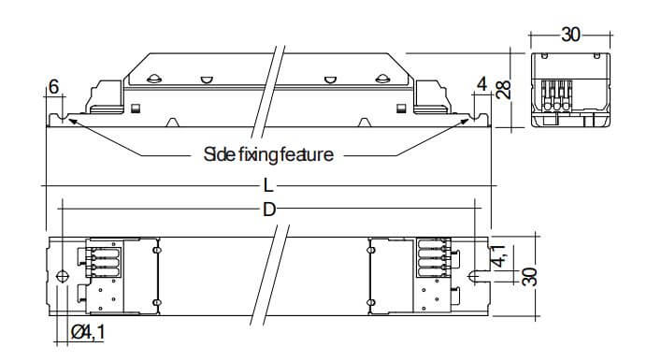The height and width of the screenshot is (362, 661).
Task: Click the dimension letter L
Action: [x=268, y=185]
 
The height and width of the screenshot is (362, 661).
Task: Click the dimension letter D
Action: [x=269, y=209]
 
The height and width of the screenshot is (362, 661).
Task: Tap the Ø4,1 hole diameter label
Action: [x=88, y=332]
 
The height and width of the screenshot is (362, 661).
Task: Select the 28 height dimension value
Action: [x=503, y=89]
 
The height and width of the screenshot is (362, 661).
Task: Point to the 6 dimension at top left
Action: [x=53, y=87]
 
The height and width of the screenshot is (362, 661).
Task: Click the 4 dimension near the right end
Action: [x=481, y=84]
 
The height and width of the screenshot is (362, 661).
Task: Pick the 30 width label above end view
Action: [x=570, y=35]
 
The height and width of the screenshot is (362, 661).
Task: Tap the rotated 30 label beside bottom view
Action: [x=530, y=276]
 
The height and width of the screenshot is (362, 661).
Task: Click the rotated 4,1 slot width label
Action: [x=500, y=255]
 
